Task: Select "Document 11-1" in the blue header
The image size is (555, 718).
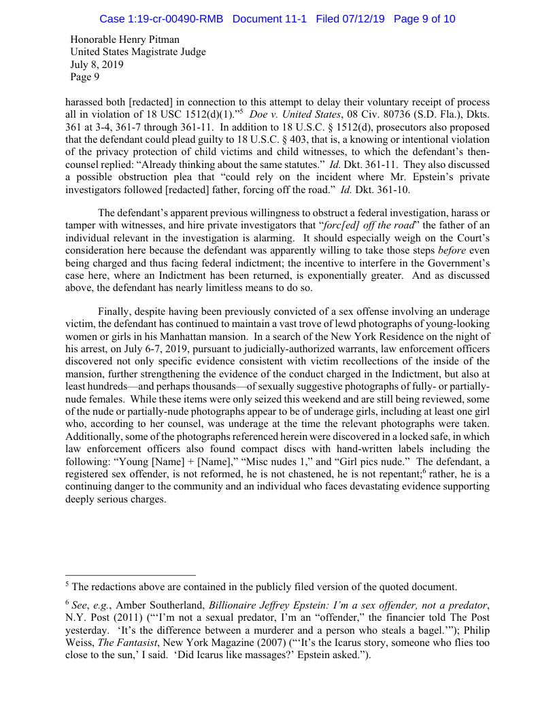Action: [x=271, y=19]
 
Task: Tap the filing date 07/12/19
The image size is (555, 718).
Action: [x=363, y=19]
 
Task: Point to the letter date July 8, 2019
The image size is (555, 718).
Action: [x=97, y=65]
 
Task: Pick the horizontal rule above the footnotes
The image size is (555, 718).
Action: [x=130, y=575]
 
